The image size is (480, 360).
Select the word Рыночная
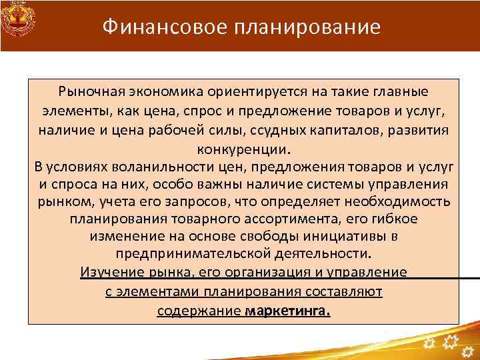tap(90, 91)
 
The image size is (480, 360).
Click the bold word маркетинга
tap(287, 310)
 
